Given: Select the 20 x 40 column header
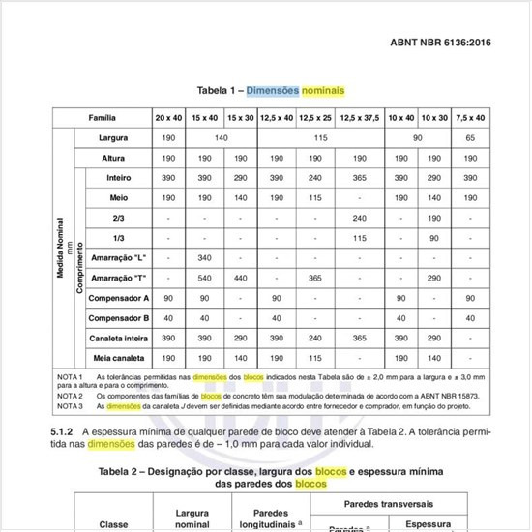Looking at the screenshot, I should tap(167, 117).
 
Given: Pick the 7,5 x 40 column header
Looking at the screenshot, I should tap(471, 117).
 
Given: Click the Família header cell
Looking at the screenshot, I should tap(103, 117).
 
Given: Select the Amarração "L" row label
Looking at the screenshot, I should tap(118, 258).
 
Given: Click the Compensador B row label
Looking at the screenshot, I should tap(118, 318).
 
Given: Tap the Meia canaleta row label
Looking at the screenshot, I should tap(118, 358).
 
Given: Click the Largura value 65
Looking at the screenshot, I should tap(471, 138).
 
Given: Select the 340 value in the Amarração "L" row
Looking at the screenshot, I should tap(204, 258).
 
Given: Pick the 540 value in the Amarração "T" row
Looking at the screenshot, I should tap(204, 278).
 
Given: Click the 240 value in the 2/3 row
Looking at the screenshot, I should tap(360, 218).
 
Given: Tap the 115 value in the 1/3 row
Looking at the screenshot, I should tap(360, 238).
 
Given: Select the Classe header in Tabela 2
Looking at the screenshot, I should tap(113, 523).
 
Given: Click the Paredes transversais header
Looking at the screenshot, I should tap(400, 504).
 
